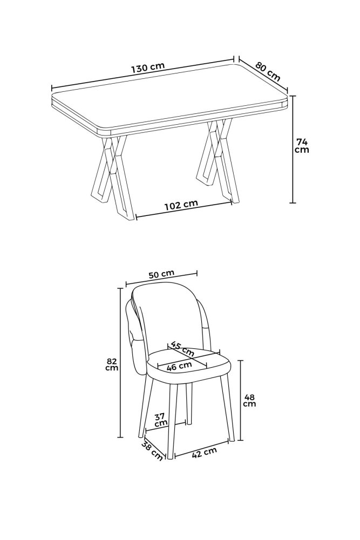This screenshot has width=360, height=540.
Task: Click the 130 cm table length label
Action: [x=148, y=67]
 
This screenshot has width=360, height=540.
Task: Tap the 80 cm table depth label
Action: [x=268, y=71]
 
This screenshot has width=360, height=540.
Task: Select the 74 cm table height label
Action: [x=303, y=146]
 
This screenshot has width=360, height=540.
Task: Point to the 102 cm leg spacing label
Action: [x=181, y=205]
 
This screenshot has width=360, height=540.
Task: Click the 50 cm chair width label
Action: [x=161, y=274]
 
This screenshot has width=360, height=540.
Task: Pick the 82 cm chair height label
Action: [x=113, y=364]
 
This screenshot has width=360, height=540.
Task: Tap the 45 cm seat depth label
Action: [x=182, y=349]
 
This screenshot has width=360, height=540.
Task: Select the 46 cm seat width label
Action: [x=179, y=366]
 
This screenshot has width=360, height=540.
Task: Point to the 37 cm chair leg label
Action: [x=161, y=420]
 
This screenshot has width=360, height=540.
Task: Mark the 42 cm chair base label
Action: [x=205, y=453]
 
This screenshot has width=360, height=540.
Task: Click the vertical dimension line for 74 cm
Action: [x=293, y=149]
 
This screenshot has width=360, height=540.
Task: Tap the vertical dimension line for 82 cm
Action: [x=120, y=363]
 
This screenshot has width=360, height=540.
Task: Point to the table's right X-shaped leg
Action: [x=218, y=160]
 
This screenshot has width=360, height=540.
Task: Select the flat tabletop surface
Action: [x=168, y=96]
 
